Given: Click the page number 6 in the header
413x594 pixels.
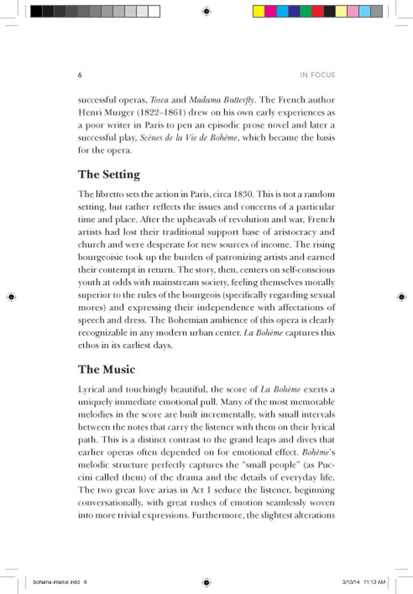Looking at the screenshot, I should point(80,75).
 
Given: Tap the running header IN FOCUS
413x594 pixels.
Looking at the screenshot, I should point(317,75).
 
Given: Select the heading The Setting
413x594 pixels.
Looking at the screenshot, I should point(109,174).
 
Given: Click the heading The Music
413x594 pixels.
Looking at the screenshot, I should point(107,369).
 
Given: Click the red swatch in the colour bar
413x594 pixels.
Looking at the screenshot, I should point(317,11).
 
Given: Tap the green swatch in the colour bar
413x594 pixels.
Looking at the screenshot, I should point(306,11).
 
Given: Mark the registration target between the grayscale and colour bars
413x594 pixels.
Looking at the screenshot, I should point(206,11).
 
